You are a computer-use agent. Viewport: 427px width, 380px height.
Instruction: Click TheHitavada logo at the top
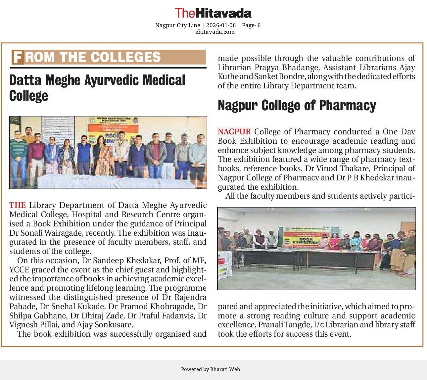point(213,13)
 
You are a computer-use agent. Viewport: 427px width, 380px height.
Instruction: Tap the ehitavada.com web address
point(215,32)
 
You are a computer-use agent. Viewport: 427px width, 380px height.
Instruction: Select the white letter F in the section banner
point(18,57)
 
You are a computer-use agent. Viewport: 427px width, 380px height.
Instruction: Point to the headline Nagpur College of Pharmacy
point(297,106)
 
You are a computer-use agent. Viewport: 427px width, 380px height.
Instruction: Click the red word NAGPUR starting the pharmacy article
point(234,132)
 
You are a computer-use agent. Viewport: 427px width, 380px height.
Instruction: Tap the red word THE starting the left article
point(17,205)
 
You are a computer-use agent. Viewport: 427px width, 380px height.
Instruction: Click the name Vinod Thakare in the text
point(337,168)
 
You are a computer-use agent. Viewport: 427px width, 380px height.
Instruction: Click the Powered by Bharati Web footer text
point(210,369)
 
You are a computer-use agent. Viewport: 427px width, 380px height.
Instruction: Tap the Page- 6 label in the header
point(251,25)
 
